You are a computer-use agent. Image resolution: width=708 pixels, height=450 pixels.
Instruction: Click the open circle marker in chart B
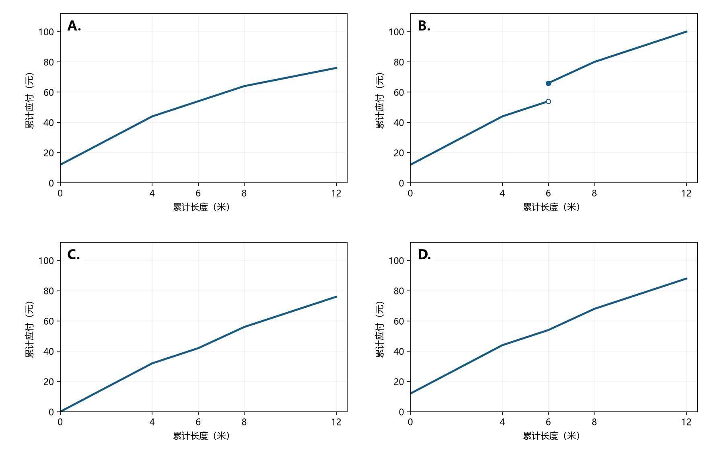(548, 101)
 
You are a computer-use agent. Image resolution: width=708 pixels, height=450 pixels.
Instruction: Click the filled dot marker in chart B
(548, 83)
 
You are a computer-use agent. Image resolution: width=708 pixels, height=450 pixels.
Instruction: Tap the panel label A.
(74, 26)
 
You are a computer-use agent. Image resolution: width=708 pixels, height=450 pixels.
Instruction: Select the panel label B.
(424, 26)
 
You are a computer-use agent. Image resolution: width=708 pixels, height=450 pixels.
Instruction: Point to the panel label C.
(74, 254)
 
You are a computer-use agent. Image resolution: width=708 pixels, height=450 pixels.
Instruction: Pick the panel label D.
(424, 254)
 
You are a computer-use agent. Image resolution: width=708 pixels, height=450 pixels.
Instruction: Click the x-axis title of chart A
(201, 207)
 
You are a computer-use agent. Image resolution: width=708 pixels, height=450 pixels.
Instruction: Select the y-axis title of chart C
(29, 329)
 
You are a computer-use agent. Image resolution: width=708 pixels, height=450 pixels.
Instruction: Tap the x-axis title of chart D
(551, 436)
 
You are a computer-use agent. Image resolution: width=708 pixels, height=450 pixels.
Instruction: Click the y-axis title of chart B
(379, 100)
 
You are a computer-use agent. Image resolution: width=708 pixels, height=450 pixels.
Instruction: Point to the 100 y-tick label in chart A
(46, 32)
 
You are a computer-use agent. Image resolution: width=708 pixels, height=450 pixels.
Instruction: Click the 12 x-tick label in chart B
(686, 193)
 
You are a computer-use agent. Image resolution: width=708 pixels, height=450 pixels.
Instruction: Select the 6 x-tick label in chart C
(198, 422)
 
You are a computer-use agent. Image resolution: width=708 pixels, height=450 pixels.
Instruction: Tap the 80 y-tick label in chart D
(399, 291)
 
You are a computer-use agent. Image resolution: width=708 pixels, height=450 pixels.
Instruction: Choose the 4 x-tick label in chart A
(152, 193)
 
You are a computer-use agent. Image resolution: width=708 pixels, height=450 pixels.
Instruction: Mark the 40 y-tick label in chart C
(49, 351)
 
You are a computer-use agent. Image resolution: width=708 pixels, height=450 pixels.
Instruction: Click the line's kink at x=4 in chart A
(152, 117)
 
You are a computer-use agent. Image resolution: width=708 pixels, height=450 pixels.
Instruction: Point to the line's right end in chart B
(686, 31)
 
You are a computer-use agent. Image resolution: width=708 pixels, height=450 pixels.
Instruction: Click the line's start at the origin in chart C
(60, 411)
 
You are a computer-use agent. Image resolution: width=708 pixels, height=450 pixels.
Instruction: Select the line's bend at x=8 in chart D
(594, 309)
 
